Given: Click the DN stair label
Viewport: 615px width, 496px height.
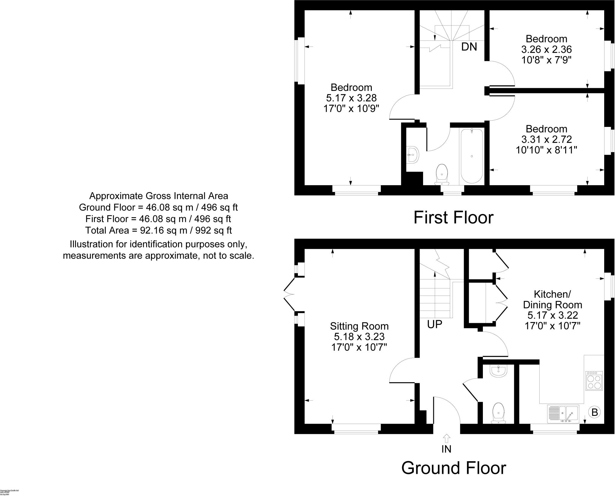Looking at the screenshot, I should [469, 47].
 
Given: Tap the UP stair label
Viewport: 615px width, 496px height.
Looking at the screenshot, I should [435, 324].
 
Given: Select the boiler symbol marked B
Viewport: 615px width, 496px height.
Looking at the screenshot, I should [595, 412].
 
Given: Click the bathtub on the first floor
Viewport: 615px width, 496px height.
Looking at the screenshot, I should [472, 156].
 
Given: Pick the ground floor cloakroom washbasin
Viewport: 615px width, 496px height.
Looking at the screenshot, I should [498, 371].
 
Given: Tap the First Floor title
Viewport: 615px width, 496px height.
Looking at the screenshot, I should [453, 218].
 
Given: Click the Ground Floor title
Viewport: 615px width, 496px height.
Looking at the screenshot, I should [453, 468].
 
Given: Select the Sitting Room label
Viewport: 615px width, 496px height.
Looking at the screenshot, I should [359, 326].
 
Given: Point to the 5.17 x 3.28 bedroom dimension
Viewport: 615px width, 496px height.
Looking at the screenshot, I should [351, 98].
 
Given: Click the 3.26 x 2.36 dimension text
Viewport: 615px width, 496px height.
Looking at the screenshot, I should [547, 49].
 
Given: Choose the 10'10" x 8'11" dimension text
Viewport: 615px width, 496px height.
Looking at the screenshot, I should [547, 150].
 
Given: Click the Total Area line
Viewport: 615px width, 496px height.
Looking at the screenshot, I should [158, 230].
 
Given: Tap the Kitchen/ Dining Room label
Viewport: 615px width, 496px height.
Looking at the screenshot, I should [553, 299].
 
